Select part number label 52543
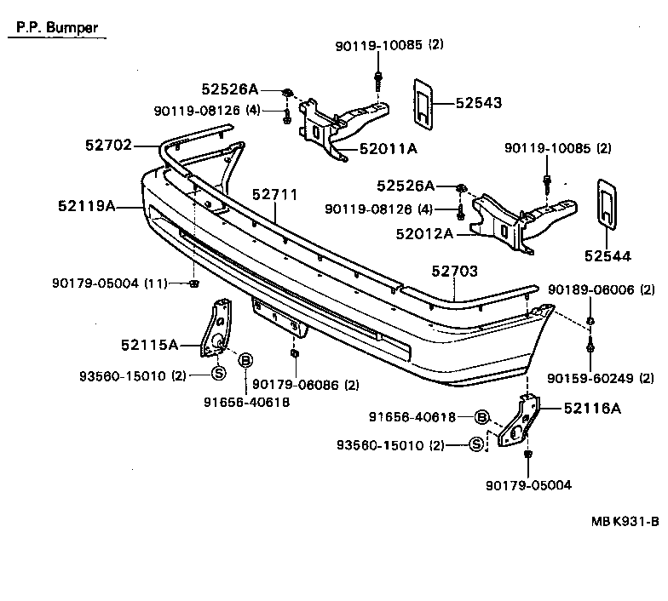coord(479,103)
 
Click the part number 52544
coord(607,254)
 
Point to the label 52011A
coord(388,149)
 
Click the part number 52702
coord(108,146)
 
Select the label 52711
coord(275,195)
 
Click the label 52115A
coord(149,345)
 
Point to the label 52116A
coord(592,409)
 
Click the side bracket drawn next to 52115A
coord(215,329)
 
